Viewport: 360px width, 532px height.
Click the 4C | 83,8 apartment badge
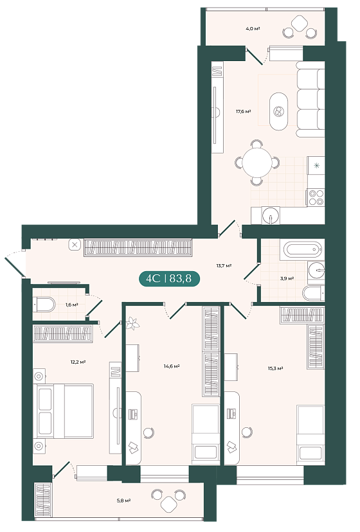[169, 279]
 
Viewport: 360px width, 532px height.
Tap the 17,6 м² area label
[244, 111]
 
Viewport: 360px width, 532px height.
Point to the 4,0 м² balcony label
[253, 29]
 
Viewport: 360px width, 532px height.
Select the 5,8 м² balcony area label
[124, 500]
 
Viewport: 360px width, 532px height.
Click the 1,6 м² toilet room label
[71, 305]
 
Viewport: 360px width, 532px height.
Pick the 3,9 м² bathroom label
[287, 278]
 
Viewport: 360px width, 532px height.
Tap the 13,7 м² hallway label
[224, 265]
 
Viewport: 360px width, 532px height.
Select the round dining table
[256, 163]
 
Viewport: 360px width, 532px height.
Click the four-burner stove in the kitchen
[316, 197]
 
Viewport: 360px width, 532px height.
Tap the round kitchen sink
[271, 215]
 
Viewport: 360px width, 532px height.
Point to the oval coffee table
[278, 111]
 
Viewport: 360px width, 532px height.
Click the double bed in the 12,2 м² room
[64, 411]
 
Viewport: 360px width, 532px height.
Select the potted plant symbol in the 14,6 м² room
[132, 324]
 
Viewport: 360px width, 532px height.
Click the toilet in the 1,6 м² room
[44, 305]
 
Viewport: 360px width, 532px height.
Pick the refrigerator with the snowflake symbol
[316, 165]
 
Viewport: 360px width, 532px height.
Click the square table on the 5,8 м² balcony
[169, 504]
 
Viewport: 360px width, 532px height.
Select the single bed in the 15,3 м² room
[310, 434]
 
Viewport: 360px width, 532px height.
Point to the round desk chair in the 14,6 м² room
[148, 432]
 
